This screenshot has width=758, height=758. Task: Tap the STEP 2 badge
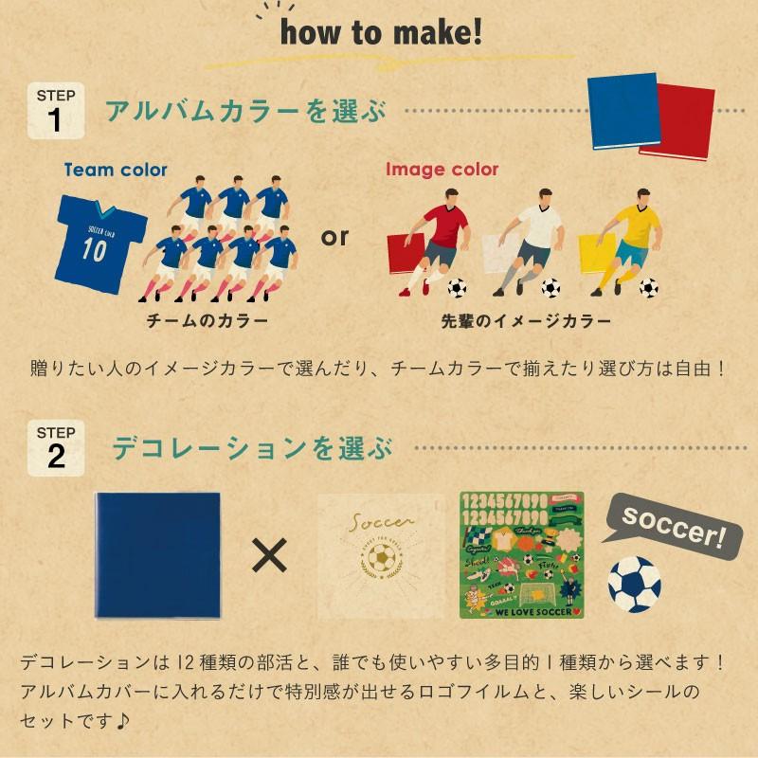tap(57, 446)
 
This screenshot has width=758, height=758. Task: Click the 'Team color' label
tap(116, 171)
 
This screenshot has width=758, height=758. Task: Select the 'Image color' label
tap(442, 171)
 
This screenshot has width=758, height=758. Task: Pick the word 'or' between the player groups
tap(334, 237)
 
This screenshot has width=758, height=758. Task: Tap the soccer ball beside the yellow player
tap(649, 287)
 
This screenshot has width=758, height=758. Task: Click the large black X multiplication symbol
tap(269, 558)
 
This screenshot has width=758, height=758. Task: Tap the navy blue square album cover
tap(157, 555)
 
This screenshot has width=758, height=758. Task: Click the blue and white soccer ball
tap(634, 581)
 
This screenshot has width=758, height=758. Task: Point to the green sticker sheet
tap(521, 555)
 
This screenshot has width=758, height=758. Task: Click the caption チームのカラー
tap(207, 320)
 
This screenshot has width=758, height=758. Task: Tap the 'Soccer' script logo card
tap(379, 555)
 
